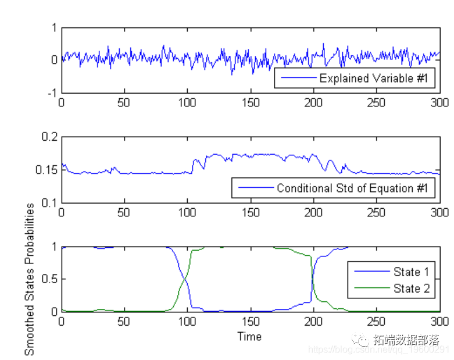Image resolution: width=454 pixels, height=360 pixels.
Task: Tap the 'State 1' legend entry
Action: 411,272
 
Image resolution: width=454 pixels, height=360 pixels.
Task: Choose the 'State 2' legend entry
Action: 411,288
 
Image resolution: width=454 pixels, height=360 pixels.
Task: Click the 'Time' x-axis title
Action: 249,336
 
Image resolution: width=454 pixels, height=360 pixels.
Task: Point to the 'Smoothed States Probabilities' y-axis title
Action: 30,279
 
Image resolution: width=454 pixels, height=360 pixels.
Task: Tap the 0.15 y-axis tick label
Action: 47,170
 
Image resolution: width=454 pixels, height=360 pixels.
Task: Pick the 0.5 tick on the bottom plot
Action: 50,279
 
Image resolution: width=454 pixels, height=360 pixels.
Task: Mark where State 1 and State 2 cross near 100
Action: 185,279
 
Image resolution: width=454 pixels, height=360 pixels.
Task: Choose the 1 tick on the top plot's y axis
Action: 55,27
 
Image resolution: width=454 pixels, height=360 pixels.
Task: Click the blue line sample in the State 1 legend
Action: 371,272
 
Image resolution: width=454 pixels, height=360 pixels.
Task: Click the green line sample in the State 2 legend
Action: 371,288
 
